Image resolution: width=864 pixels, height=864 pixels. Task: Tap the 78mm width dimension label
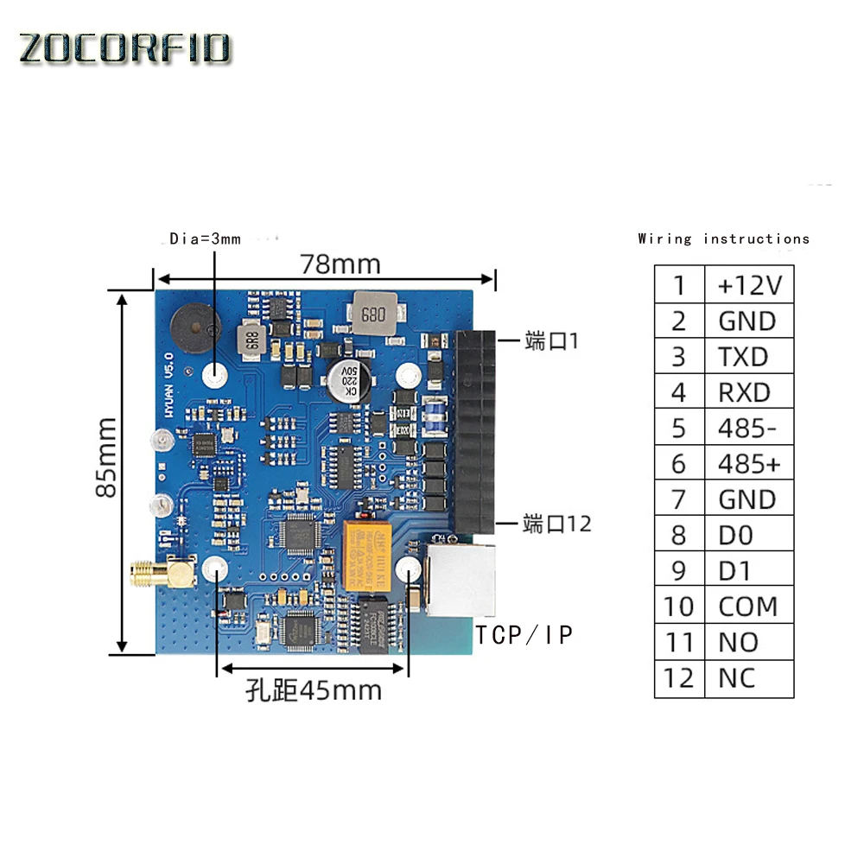coord(340,264)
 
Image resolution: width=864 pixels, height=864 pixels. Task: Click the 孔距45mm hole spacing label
coord(314,690)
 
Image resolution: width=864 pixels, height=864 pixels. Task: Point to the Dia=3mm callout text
coord(205,238)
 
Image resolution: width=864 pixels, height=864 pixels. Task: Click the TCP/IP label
coord(524,635)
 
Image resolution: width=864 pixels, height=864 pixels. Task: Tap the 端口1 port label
coord(551,341)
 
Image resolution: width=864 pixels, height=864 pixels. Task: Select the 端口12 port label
coord(557,524)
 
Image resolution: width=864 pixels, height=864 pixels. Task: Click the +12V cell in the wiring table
coord(748,285)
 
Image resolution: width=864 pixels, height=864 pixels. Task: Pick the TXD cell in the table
coord(743,357)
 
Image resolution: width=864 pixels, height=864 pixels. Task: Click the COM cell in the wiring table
coord(747,607)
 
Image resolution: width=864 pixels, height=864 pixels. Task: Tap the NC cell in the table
coord(737,678)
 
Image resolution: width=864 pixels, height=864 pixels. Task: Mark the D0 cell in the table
coord(735,535)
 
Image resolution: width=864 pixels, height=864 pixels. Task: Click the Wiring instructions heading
coord(724,238)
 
